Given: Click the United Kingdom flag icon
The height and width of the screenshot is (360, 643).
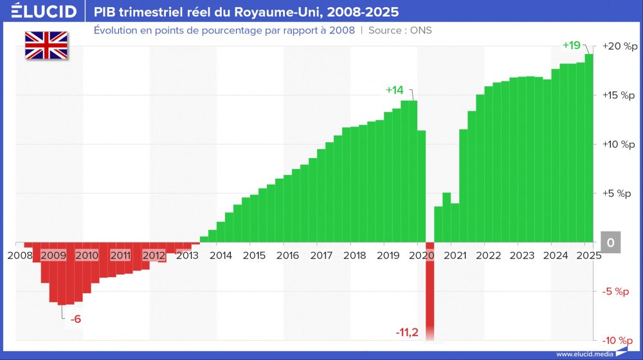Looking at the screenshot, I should click(x=46, y=46).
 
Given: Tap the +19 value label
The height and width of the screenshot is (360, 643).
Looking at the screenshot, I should click(x=571, y=46).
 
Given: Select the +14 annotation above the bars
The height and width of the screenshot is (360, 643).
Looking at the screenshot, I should click(x=395, y=90).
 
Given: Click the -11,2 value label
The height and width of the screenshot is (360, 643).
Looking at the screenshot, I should click(x=407, y=332).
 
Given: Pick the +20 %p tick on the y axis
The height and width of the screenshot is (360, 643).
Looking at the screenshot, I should click(x=619, y=46).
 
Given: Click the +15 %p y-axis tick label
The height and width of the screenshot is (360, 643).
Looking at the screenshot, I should click(x=619, y=95).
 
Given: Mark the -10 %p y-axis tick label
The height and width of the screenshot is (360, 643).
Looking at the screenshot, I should click(x=619, y=340).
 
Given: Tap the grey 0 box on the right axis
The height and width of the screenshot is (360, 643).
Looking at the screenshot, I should click(x=611, y=242).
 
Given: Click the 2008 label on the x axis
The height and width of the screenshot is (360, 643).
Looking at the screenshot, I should click(x=19, y=255).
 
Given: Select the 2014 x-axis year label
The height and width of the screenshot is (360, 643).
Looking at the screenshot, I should click(x=221, y=255).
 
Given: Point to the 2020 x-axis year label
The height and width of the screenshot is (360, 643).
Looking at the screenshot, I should click(x=421, y=255).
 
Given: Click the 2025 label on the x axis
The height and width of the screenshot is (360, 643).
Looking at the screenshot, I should click(x=588, y=255).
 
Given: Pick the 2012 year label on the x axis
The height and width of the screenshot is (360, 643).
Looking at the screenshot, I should click(x=154, y=255).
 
